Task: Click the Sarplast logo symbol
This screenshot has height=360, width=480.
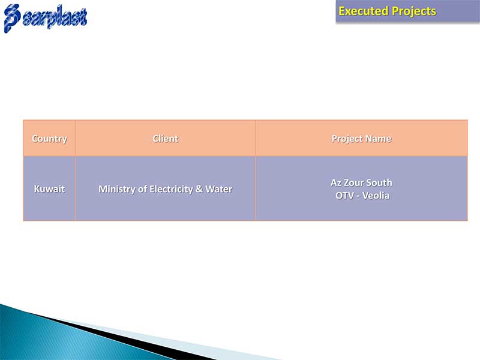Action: (12, 18)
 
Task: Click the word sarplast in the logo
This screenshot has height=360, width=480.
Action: (55, 17)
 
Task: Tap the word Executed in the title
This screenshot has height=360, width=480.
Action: (364, 11)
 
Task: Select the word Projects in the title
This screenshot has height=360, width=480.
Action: (414, 11)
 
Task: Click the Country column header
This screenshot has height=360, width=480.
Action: (49, 139)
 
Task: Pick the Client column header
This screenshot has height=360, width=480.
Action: (166, 139)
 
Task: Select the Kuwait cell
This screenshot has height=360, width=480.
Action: (49, 188)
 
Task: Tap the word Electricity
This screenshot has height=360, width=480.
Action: (171, 189)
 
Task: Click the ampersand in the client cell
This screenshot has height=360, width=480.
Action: (199, 189)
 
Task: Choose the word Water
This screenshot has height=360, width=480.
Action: (218, 189)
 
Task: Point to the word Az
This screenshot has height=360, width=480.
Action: (336, 183)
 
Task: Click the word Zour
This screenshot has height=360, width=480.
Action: (354, 183)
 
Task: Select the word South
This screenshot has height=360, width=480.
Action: (379, 183)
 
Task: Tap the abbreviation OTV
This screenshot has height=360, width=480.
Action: (344, 196)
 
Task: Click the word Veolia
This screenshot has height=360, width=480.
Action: (376, 196)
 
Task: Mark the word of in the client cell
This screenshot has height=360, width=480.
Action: (142, 189)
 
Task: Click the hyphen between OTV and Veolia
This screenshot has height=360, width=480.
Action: (358, 196)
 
